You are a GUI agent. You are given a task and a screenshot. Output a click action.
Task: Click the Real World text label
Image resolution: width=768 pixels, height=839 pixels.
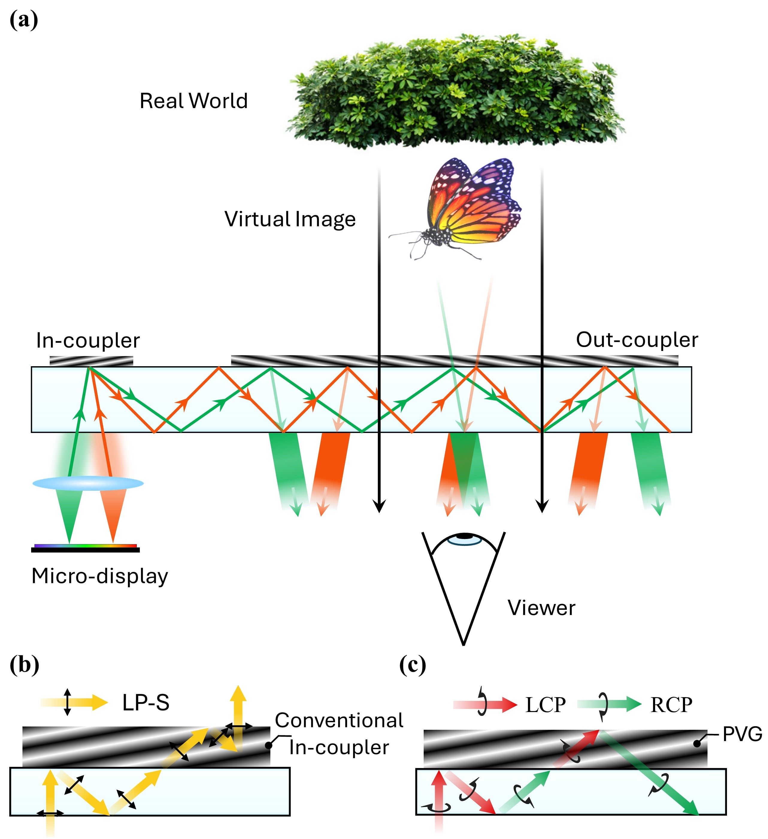pyautogui.click(x=193, y=101)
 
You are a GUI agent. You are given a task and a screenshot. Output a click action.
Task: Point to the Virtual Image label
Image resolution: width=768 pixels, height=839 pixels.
pyautogui.click(x=290, y=219)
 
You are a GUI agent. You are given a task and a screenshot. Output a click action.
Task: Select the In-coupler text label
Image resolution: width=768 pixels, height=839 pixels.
pyautogui.click(x=88, y=340)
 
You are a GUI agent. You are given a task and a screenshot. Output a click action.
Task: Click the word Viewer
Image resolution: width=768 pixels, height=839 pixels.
pyautogui.click(x=541, y=608)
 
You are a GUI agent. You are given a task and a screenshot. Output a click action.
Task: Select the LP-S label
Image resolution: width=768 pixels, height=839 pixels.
pyautogui.click(x=146, y=703)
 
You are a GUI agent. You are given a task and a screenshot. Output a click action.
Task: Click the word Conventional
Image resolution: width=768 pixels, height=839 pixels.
pyautogui.click(x=339, y=720)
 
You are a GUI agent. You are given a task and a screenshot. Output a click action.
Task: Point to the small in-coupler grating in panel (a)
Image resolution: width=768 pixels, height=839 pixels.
pyautogui.click(x=91, y=361)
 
